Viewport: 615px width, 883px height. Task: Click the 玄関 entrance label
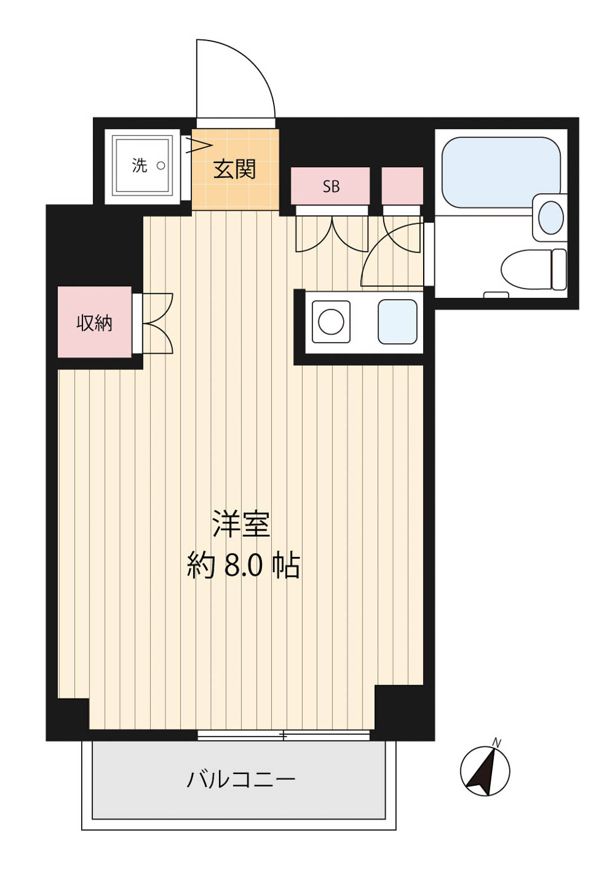click(234, 169)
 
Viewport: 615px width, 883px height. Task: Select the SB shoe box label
click(331, 187)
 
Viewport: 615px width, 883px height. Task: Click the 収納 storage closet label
click(94, 323)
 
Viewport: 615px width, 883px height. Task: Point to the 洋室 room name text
click(241, 524)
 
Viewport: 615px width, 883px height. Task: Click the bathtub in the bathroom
click(501, 172)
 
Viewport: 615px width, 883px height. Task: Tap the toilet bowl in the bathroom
click(533, 270)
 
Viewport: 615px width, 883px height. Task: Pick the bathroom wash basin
click(550, 217)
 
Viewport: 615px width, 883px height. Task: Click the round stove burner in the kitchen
click(331, 321)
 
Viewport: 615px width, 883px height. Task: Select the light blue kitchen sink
click(397, 321)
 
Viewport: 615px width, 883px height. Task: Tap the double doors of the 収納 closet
click(158, 323)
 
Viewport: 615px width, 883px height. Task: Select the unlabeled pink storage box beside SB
click(403, 185)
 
